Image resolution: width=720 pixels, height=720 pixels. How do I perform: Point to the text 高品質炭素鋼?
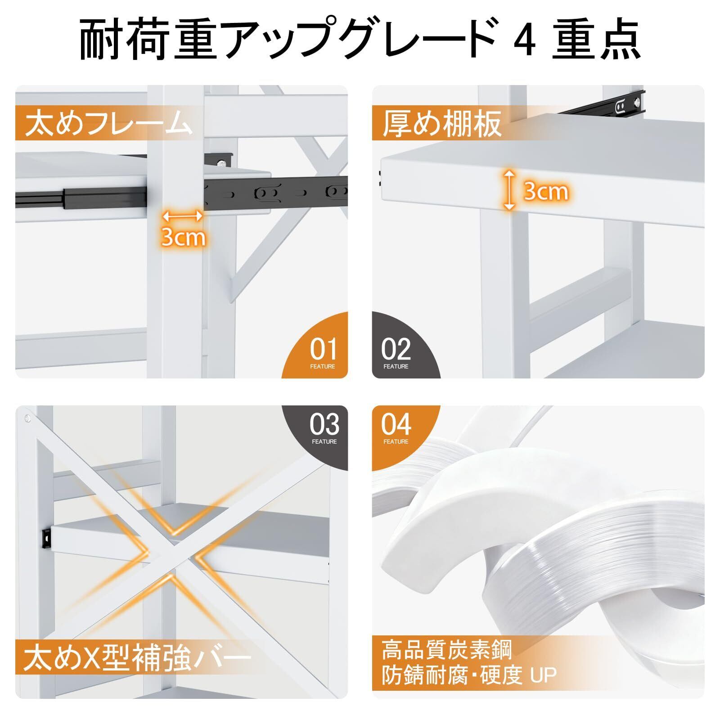(x=446, y=650)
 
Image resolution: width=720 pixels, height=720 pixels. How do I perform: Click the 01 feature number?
(x=323, y=348)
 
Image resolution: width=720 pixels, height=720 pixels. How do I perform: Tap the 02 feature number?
(x=396, y=348)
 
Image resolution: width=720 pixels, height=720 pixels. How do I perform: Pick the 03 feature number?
(x=324, y=424)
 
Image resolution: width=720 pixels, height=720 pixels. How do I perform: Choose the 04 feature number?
(x=396, y=424)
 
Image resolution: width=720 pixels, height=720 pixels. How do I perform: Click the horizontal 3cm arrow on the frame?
(x=182, y=216)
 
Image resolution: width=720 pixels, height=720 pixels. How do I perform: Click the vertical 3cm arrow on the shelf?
(x=509, y=190)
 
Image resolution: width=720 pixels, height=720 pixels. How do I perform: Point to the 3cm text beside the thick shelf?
(x=546, y=191)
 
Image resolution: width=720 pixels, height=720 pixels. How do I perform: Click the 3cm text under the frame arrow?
(x=183, y=237)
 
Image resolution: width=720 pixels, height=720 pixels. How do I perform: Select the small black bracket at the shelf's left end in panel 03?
(x=46, y=537)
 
